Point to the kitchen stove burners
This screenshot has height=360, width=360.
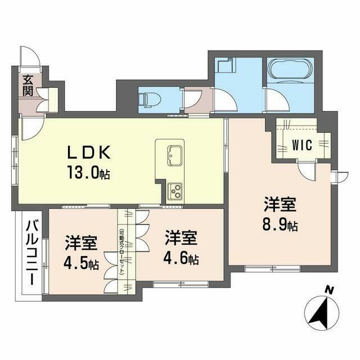[x=174, y=192]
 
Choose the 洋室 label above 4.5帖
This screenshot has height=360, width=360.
[x=80, y=244]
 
